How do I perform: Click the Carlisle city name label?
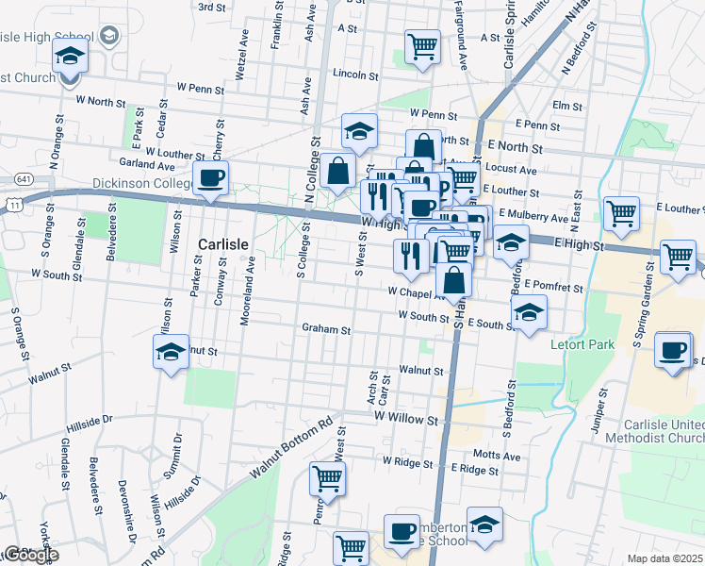click(223, 243)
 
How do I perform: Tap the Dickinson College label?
click(140, 183)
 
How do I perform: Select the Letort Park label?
click(582, 344)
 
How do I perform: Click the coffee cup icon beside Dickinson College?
click(210, 177)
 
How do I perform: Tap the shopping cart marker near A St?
click(422, 45)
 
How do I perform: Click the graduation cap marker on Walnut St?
click(171, 353)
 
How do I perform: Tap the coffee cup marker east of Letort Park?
click(672, 350)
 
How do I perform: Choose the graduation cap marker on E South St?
click(529, 313)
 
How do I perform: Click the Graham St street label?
click(326, 330)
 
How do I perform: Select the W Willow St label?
click(406, 415)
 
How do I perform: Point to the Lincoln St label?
click(355, 75)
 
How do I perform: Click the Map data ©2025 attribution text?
click(664, 558)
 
